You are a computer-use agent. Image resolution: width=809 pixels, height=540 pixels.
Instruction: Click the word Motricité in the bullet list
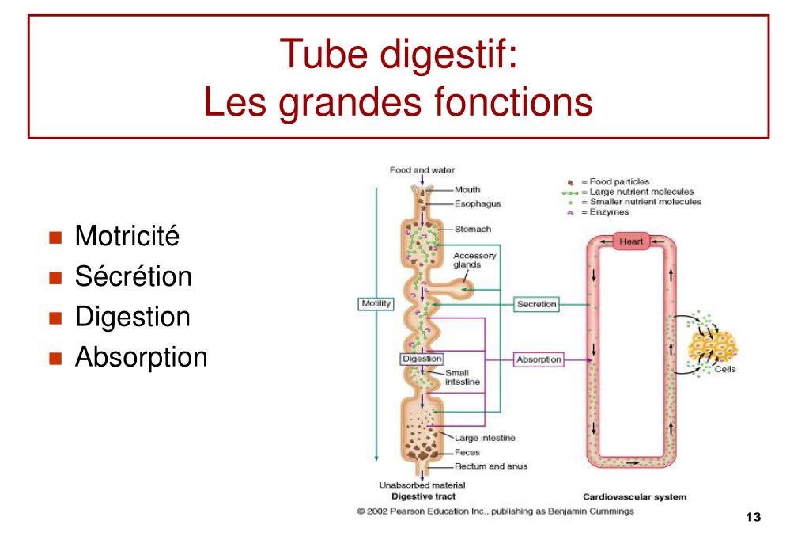click(127, 236)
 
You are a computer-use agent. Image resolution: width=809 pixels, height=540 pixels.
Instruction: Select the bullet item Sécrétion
click(133, 276)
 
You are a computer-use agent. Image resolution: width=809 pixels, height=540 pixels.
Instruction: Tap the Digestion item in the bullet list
click(133, 318)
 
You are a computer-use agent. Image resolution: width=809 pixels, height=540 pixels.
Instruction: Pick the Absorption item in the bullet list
click(141, 358)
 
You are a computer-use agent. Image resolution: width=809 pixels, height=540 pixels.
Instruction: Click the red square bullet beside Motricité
click(55, 238)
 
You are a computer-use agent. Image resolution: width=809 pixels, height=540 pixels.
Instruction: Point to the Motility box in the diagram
click(376, 304)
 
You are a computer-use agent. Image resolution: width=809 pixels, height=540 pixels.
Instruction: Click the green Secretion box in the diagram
click(537, 304)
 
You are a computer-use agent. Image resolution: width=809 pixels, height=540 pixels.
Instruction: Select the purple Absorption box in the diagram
click(539, 359)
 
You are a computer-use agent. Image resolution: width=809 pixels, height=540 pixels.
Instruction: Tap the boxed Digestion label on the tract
click(422, 359)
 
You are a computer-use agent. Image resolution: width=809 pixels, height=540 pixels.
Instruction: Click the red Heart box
click(631, 241)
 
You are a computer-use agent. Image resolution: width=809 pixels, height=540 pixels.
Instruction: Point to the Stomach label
click(473, 229)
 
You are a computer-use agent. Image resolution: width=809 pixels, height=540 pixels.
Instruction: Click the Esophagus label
click(478, 204)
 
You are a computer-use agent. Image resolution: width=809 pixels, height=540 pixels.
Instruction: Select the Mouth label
click(467, 190)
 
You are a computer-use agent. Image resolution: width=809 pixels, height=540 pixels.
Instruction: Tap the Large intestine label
click(485, 438)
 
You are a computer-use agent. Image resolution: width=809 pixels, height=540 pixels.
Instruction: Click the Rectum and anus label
click(490, 466)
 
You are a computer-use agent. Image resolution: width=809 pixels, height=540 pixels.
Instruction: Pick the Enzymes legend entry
click(599, 212)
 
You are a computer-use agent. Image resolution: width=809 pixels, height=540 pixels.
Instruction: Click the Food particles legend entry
click(608, 181)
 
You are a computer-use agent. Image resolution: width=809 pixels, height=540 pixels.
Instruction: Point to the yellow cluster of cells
click(713, 347)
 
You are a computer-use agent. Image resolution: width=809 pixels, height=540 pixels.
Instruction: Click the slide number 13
click(754, 517)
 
